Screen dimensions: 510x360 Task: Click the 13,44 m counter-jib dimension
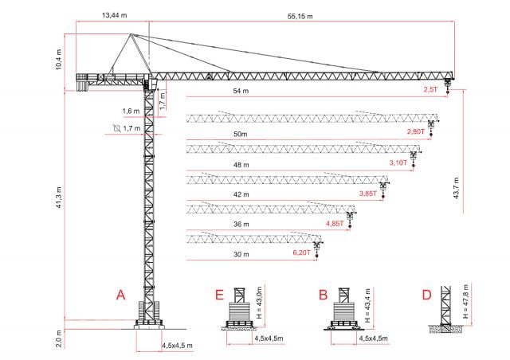click(114, 15)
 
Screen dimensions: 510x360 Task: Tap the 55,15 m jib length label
click(300, 16)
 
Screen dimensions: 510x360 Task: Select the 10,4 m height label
click(58, 59)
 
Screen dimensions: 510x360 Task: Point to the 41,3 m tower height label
click(58, 198)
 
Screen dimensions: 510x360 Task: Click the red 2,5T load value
click(430, 89)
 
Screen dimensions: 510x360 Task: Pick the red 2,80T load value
click(416, 131)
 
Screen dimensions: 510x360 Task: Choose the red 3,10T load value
click(398, 162)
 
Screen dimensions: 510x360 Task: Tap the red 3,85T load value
click(368, 194)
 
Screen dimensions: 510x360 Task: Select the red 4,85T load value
click(335, 224)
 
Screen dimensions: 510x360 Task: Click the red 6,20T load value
click(302, 252)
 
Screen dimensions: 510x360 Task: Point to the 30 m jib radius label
click(241, 254)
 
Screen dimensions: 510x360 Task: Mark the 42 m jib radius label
click(241, 194)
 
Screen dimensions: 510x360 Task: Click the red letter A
click(120, 295)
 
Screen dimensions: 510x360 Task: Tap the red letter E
click(220, 295)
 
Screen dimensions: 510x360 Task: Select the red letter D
click(426, 295)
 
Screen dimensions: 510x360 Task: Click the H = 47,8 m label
click(465, 302)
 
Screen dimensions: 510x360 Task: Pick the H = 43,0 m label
click(259, 303)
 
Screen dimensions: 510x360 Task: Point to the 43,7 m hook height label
click(456, 188)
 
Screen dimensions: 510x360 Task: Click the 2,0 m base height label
click(58, 338)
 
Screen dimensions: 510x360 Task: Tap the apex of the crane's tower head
click(131, 33)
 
